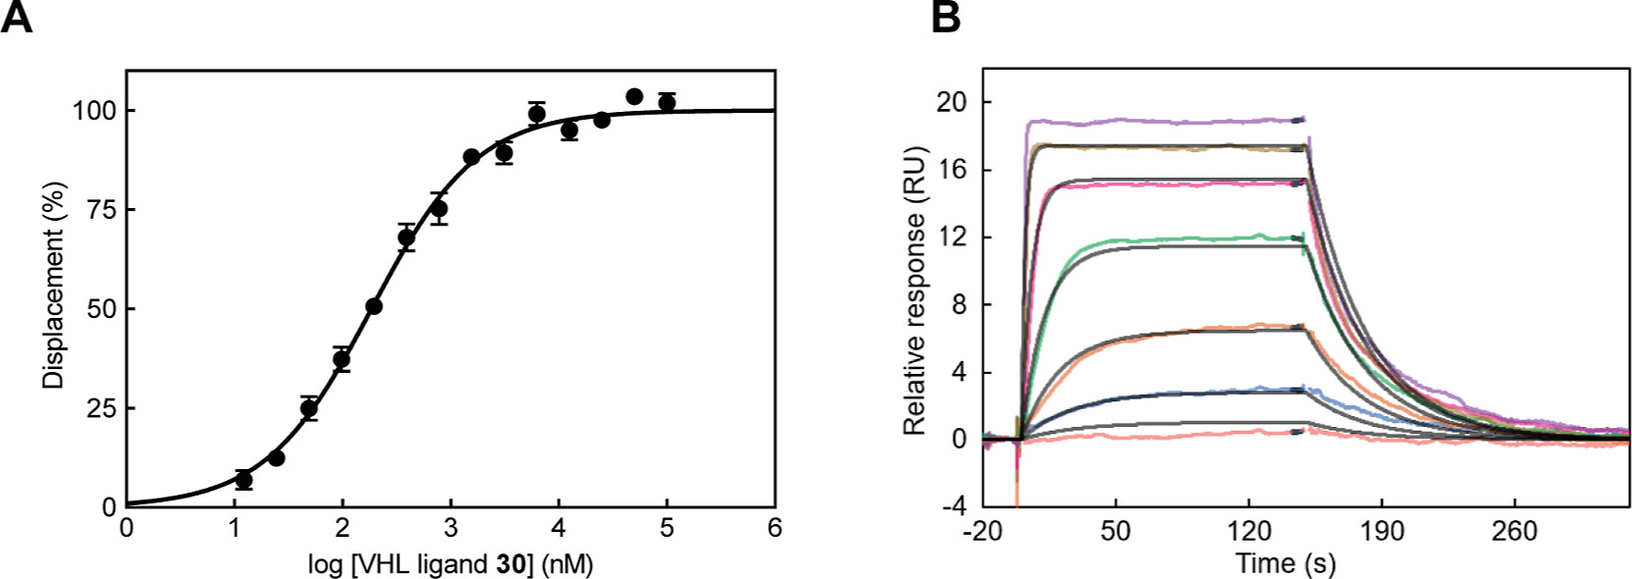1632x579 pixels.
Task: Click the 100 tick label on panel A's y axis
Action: (94, 111)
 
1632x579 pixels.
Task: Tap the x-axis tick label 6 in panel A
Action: (775, 529)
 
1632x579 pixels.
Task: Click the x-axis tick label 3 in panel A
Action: (450, 529)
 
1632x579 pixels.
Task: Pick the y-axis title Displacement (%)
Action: (53, 286)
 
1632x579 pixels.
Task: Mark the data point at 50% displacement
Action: (374, 306)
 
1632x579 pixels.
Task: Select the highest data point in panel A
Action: (635, 96)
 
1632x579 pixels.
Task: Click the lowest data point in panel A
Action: (243, 480)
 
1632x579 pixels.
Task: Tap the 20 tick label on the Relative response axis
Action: (950, 102)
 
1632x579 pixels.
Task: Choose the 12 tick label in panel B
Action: (950, 237)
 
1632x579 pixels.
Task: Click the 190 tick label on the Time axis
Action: (1381, 532)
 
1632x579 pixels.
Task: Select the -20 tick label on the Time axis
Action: (982, 532)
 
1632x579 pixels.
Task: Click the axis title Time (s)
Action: (1285, 563)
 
